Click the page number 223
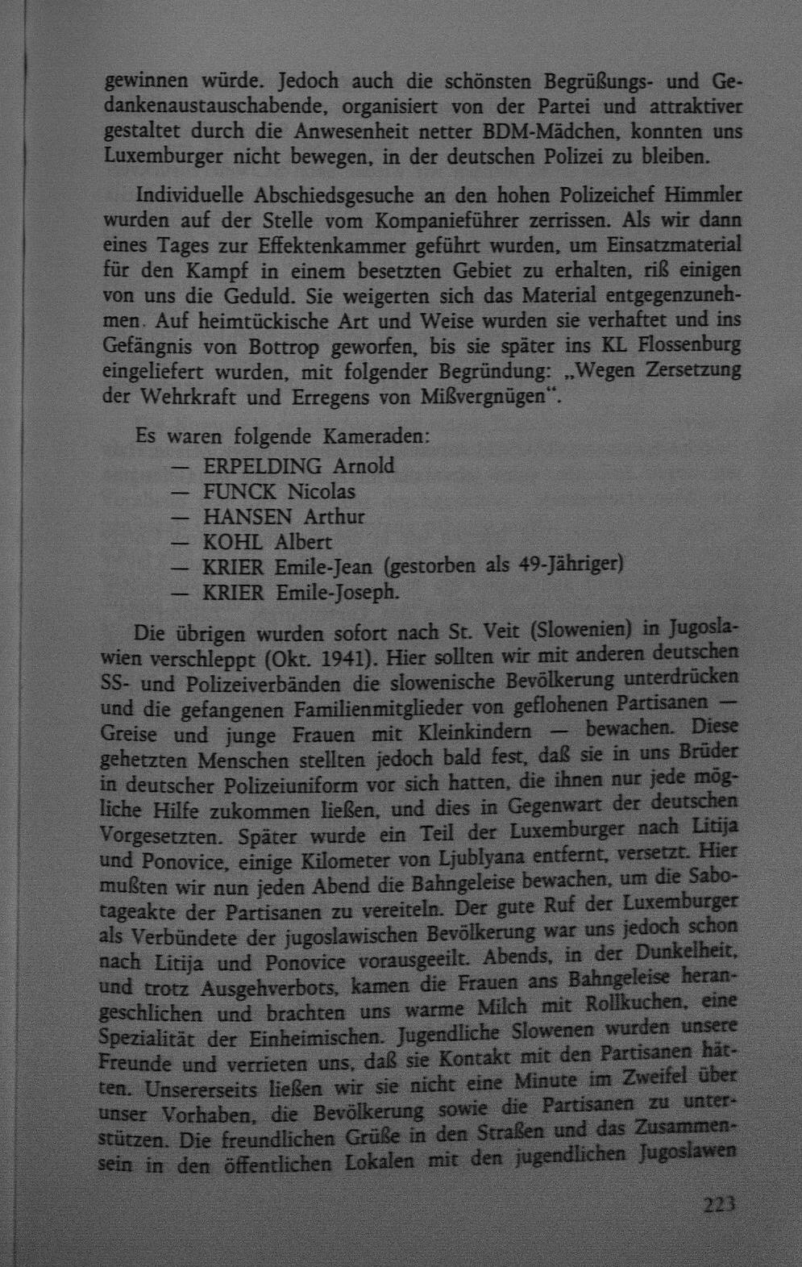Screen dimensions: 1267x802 (719, 1205)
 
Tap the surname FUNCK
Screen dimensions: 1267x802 (240, 491)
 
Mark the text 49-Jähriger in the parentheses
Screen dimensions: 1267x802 (571, 565)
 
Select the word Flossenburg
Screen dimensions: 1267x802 (689, 345)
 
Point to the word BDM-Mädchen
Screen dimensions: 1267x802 (550, 131)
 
